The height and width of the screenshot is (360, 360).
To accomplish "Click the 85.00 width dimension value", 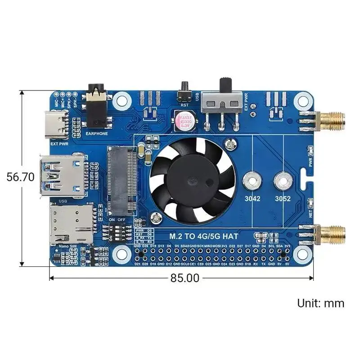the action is pyautogui.click(x=184, y=278).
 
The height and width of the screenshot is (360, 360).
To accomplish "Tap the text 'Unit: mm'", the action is pyautogui.click(x=320, y=303).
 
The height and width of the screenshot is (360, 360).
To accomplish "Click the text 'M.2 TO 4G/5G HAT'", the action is pyautogui.click(x=200, y=236).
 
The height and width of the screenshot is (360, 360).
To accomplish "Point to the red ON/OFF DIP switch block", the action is pyautogui.click(x=118, y=234).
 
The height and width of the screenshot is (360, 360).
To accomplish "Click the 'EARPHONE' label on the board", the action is pyautogui.click(x=95, y=134).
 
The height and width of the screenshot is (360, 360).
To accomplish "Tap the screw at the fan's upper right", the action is pyautogui.click(x=231, y=144).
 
